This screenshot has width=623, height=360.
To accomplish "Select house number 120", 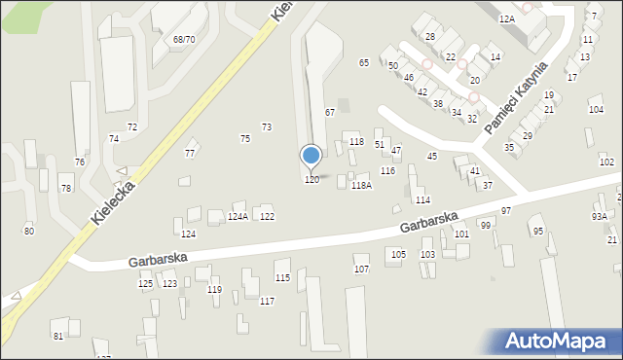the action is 311,180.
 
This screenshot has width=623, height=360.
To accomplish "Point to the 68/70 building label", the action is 184,40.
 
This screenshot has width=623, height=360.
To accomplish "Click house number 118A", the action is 361,185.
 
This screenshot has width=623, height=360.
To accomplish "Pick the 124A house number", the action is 238,216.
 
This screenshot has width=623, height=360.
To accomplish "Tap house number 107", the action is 361,269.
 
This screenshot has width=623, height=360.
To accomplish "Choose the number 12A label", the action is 506,18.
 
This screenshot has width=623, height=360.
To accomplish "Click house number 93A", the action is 599,216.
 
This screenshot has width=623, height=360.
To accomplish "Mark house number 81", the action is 58,336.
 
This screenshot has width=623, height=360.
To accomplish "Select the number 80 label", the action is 29,231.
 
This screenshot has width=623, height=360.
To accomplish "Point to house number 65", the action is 363,62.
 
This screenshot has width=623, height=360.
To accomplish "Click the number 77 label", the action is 190,154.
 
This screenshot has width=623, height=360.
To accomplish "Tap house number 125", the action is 145,283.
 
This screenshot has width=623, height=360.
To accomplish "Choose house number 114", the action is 422,200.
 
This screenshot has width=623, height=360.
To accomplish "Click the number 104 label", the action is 596,110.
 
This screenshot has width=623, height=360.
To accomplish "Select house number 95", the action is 538,231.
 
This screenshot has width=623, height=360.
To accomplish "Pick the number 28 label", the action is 429,36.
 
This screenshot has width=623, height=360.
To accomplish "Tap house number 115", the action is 282,278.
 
